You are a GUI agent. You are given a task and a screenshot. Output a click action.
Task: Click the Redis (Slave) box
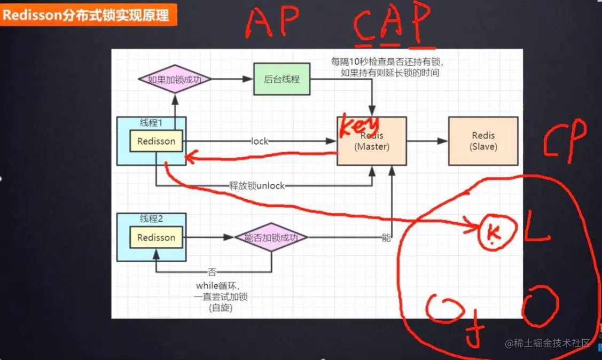point(483,140)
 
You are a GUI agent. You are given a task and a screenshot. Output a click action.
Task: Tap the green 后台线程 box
point(282,79)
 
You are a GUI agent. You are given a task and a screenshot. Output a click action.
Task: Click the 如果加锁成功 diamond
point(175,79)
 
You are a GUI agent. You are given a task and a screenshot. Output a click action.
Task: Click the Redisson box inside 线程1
point(157,142)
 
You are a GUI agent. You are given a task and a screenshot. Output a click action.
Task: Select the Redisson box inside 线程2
point(157,237)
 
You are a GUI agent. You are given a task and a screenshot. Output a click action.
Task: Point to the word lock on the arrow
point(260,142)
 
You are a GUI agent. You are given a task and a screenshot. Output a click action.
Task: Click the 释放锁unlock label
point(257,186)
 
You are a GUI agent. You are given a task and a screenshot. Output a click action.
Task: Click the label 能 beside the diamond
point(386,238)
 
